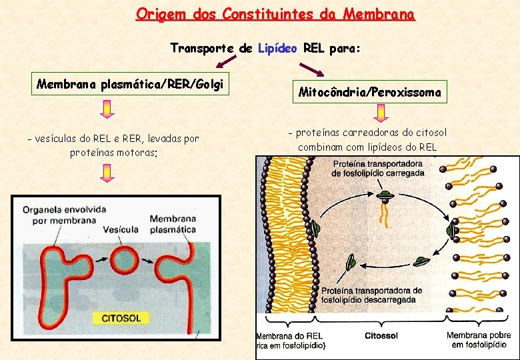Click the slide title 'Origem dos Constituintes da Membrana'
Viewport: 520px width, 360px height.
pos(275,13)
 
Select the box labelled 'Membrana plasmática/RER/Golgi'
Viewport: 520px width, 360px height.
pos(131,85)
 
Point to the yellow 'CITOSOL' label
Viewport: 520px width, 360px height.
pos(120,318)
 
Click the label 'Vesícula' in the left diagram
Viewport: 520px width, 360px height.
pos(121,229)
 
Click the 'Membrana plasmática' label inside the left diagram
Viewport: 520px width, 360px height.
pos(173,224)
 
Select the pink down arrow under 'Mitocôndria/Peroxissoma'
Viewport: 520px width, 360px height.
pos(381,114)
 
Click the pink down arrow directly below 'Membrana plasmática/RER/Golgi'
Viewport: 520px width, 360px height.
pos(108,108)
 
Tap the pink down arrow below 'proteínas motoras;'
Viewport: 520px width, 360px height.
pos(108,173)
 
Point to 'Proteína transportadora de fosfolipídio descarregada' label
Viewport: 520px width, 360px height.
pos(371,295)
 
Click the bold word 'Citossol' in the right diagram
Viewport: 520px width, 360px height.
pos(382,336)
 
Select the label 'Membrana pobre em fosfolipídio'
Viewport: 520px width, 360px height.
pos(476,340)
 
